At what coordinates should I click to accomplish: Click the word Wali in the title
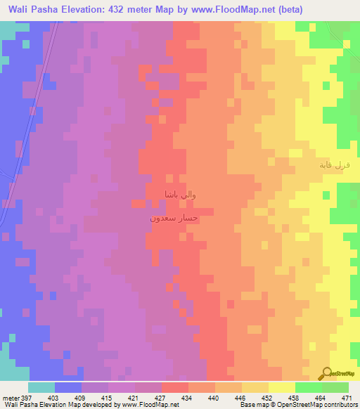tap(22, 9)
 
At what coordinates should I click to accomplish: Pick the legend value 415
tap(108, 397)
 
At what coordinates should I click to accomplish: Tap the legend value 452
tap(268, 397)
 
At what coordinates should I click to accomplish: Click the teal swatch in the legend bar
tap(41, 387)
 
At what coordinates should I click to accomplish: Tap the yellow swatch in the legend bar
tap(282, 387)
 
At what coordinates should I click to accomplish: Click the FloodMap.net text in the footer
tap(147, 405)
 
